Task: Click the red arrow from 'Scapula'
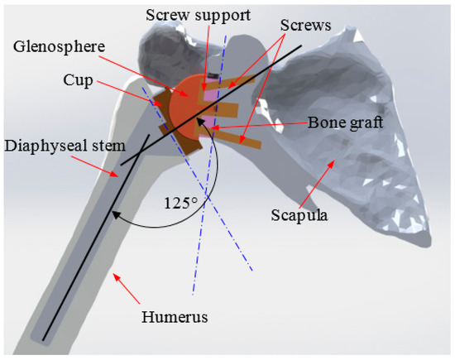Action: [x=319, y=184]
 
